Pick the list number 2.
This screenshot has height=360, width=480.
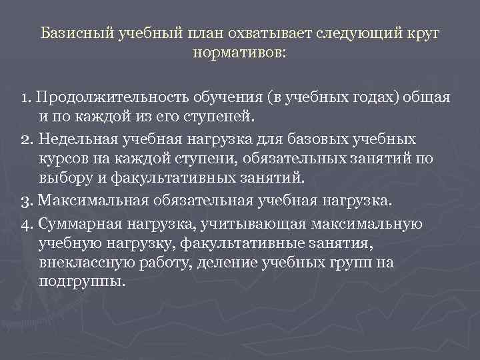point(25,139)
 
